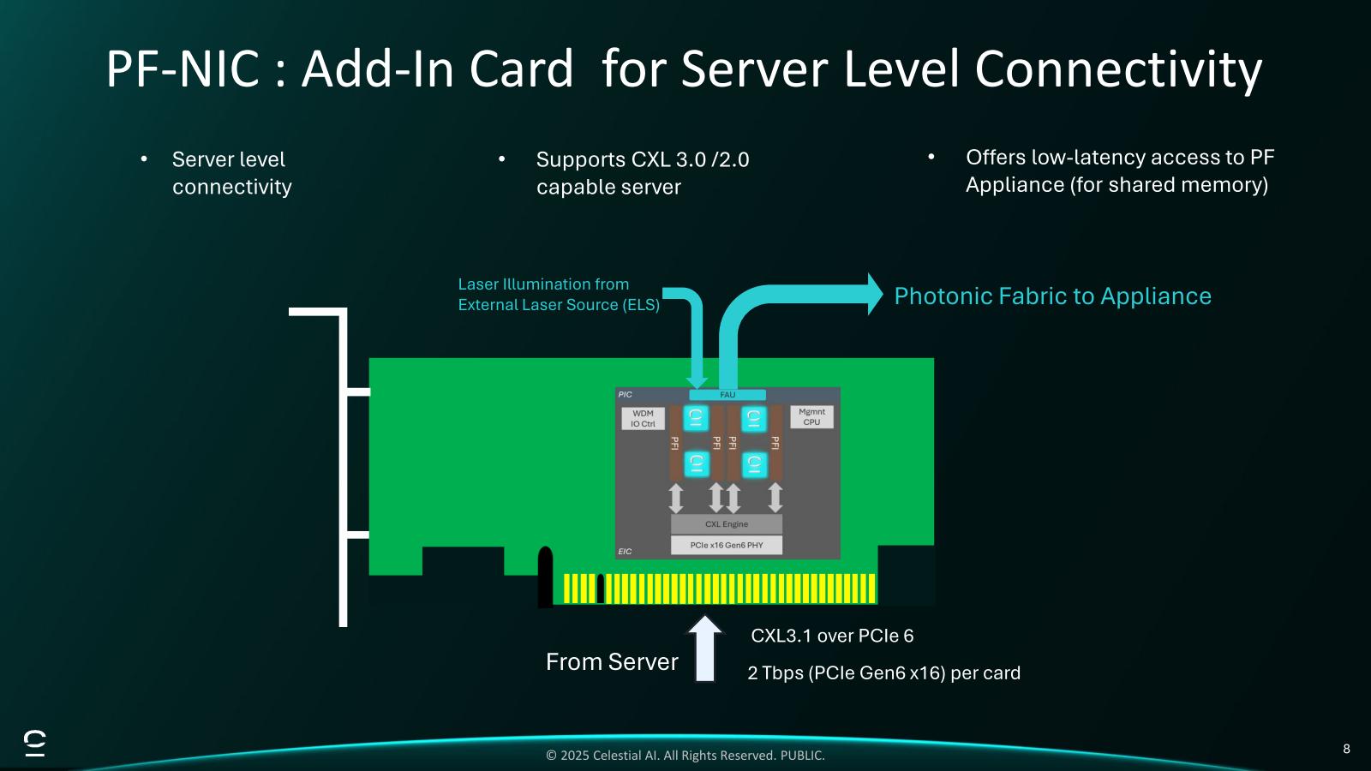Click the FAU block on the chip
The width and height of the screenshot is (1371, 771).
(x=727, y=395)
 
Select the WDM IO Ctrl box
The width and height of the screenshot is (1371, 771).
(x=643, y=418)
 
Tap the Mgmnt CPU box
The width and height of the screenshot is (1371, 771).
(x=811, y=417)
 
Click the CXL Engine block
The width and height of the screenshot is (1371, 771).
(x=726, y=523)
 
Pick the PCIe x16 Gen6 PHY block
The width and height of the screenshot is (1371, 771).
(x=726, y=545)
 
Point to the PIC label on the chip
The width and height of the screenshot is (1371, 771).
(x=625, y=395)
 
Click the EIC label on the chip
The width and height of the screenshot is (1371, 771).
(x=625, y=552)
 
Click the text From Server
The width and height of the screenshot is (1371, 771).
(x=612, y=662)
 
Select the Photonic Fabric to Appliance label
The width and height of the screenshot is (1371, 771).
(x=1052, y=296)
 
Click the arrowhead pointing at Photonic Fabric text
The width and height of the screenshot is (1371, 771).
(x=874, y=295)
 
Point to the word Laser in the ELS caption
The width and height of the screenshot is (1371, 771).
(x=478, y=284)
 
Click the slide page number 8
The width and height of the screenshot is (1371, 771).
(x=1346, y=749)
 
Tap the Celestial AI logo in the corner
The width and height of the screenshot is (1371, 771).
(x=35, y=744)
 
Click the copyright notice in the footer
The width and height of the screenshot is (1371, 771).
(x=685, y=756)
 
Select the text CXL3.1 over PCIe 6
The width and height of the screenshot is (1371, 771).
(x=832, y=636)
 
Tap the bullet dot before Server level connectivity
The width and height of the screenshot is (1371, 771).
(x=144, y=158)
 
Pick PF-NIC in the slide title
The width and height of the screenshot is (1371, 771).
(x=183, y=69)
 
